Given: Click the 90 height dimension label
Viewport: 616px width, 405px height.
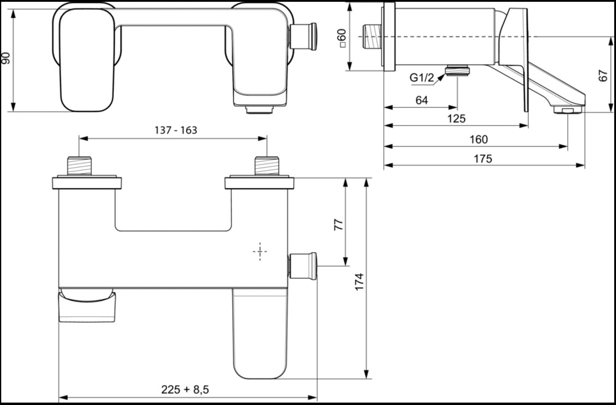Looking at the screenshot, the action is click(7, 58).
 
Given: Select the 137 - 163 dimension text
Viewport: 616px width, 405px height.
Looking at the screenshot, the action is click(176, 130).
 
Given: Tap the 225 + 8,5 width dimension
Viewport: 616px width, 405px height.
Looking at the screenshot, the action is click(185, 390).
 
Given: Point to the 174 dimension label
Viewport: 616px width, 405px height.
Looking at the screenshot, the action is click(360, 282).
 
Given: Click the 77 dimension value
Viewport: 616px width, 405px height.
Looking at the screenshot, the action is click(338, 224).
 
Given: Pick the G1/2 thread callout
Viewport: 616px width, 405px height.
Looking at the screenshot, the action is click(421, 78).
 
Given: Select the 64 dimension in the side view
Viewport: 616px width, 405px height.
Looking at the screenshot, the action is click(421, 100).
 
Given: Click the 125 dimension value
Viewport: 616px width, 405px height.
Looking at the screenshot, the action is click(456, 118).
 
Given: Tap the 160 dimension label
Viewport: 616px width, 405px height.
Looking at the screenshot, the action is click(479, 139).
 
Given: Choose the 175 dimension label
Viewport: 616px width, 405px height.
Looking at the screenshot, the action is click(482, 158).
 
